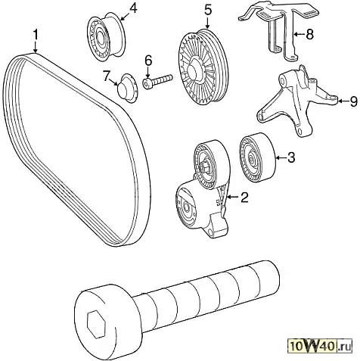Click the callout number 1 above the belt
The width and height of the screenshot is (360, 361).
(x=36, y=34)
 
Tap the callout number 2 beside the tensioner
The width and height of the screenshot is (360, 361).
(x=244, y=198)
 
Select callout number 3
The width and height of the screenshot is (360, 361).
(x=290, y=157)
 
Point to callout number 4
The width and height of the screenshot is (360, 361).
(x=133, y=8)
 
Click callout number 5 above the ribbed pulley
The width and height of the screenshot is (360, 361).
(x=207, y=11)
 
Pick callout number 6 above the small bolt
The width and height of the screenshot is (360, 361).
(x=148, y=61)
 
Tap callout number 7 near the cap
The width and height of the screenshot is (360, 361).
(x=107, y=76)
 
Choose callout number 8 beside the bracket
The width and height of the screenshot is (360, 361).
(x=309, y=34)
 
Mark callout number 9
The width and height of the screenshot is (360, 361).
(x=353, y=101)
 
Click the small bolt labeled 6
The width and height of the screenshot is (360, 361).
(x=157, y=81)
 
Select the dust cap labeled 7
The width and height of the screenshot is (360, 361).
(x=127, y=88)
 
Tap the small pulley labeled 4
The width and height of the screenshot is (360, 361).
(x=106, y=37)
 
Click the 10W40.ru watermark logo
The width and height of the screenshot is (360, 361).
(x=321, y=347)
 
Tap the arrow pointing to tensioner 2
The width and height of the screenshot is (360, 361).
(x=232, y=197)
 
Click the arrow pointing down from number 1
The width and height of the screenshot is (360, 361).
(x=36, y=47)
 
